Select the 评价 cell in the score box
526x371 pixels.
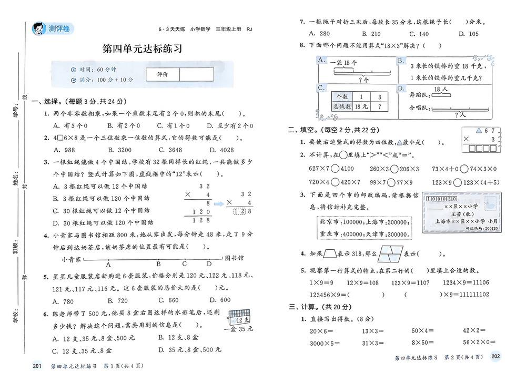coord(163,75)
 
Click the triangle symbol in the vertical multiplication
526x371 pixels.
coord(478,130)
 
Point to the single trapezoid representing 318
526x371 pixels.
coord(330,254)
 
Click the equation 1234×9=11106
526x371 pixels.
coord(466,282)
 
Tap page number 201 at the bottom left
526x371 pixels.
coord(36,366)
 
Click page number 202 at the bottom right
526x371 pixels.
coord(495,357)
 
